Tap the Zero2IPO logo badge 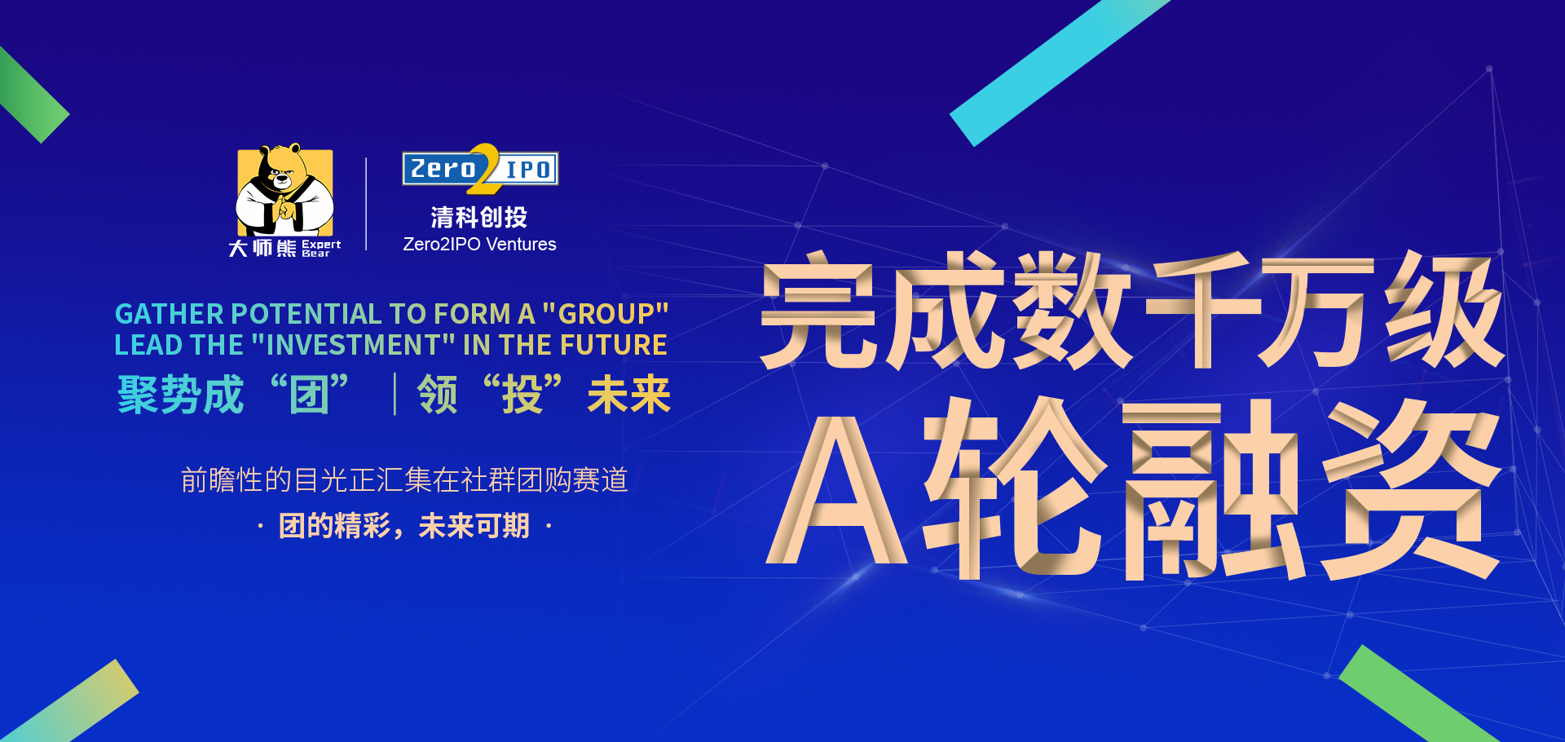click(480, 169)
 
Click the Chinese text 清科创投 click(479, 218)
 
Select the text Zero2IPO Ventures click(479, 244)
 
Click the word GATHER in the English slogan click(169, 314)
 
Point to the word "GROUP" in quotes click(606, 313)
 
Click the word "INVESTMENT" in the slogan click(353, 345)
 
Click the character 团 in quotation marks click(309, 395)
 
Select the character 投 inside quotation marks click(522, 395)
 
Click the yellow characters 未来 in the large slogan click(629, 395)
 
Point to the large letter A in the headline click(837, 489)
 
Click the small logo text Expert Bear click(321, 249)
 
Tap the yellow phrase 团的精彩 click(334, 526)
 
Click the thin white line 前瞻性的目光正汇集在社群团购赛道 click(404, 479)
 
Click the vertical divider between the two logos click(366, 204)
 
